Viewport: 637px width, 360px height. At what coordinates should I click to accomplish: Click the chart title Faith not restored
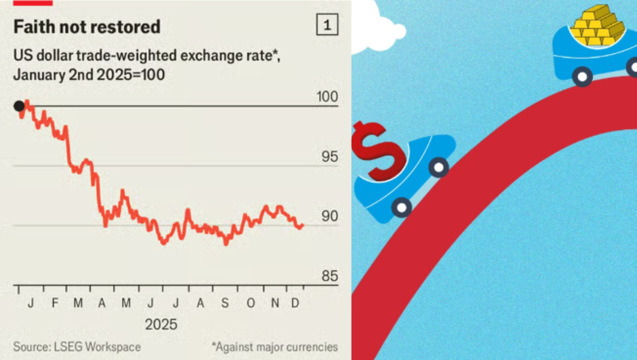(87, 27)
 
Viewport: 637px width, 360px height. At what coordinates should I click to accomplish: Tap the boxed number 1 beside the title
(327, 26)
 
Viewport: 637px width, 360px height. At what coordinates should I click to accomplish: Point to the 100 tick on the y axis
(327, 96)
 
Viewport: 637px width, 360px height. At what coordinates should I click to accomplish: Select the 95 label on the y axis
(328, 157)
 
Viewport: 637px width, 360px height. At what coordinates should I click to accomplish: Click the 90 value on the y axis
(328, 216)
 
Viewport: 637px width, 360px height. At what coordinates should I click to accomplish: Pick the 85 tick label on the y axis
(328, 276)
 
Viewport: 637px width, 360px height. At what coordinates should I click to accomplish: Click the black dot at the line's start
(19, 106)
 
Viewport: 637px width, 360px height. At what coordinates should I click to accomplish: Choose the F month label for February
(55, 303)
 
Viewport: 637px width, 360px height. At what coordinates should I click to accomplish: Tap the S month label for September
(226, 303)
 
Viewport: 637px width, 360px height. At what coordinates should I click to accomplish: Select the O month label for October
(251, 303)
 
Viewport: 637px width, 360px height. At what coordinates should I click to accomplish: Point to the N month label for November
(275, 303)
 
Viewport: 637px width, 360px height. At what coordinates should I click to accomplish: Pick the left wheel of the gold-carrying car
(581, 75)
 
